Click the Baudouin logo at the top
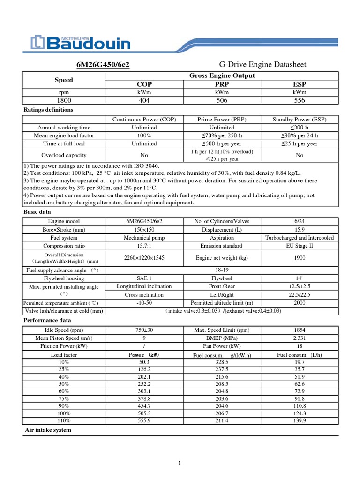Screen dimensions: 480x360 point(80,43)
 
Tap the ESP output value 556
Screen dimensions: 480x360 point(299,100)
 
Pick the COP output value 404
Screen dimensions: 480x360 point(144,100)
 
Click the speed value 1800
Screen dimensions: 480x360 point(64,100)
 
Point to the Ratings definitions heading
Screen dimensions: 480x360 point(48,110)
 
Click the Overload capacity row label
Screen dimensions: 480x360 point(64,155)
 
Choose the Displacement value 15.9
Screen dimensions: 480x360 point(299,230)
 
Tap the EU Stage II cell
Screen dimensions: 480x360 point(299,246)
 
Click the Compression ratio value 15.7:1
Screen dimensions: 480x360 point(144,246)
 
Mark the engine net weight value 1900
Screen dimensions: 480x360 point(299,258)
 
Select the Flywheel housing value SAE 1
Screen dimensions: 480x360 point(144,278)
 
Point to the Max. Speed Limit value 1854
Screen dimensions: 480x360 point(299,330)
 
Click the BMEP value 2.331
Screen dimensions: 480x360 point(299,338)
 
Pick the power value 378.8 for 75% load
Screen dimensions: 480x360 point(144,398)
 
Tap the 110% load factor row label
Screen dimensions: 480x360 point(64,421)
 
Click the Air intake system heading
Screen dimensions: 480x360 point(48,430)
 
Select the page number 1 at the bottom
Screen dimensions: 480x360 point(180,464)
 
